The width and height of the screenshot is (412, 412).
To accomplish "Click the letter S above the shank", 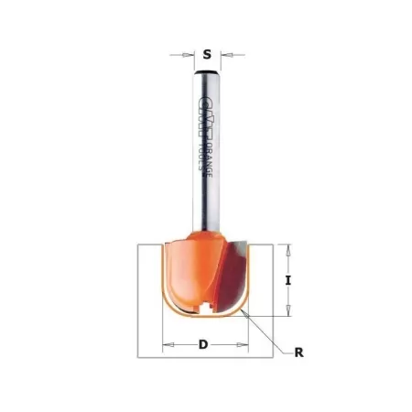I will tap(207, 54).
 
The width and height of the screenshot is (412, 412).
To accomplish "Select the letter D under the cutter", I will tap(206, 346).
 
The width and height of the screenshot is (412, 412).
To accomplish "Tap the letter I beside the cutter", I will tap(288, 283).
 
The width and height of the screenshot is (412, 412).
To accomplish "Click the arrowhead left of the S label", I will tap(190, 55).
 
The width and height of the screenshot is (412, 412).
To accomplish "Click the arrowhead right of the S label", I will tap(223, 55).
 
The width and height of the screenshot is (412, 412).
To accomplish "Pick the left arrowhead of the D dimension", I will tap(167, 346).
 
